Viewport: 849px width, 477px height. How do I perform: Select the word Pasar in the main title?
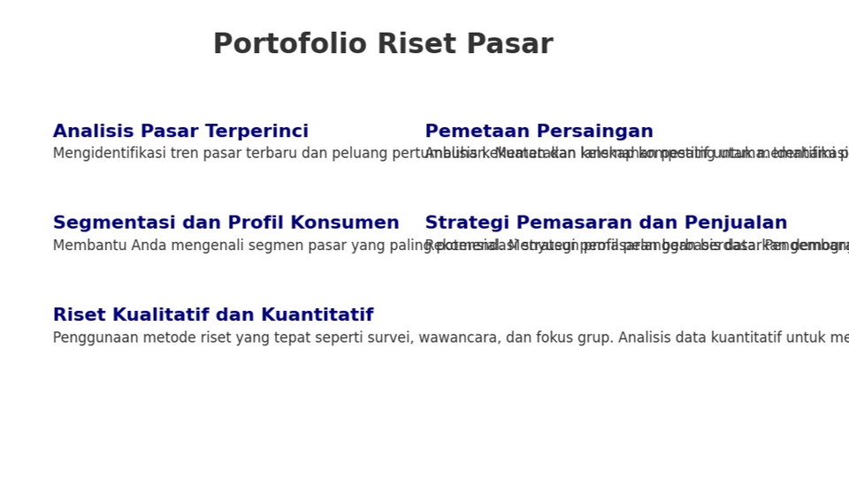tap(509, 44)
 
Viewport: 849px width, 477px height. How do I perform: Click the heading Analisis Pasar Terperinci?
tap(180, 132)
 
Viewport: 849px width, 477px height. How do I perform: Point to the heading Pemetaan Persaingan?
tap(539, 132)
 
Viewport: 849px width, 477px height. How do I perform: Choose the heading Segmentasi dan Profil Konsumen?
tap(226, 223)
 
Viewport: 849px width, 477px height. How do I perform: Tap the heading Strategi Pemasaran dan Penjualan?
tap(606, 223)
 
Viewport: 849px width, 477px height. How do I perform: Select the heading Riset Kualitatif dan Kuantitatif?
tap(213, 315)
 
